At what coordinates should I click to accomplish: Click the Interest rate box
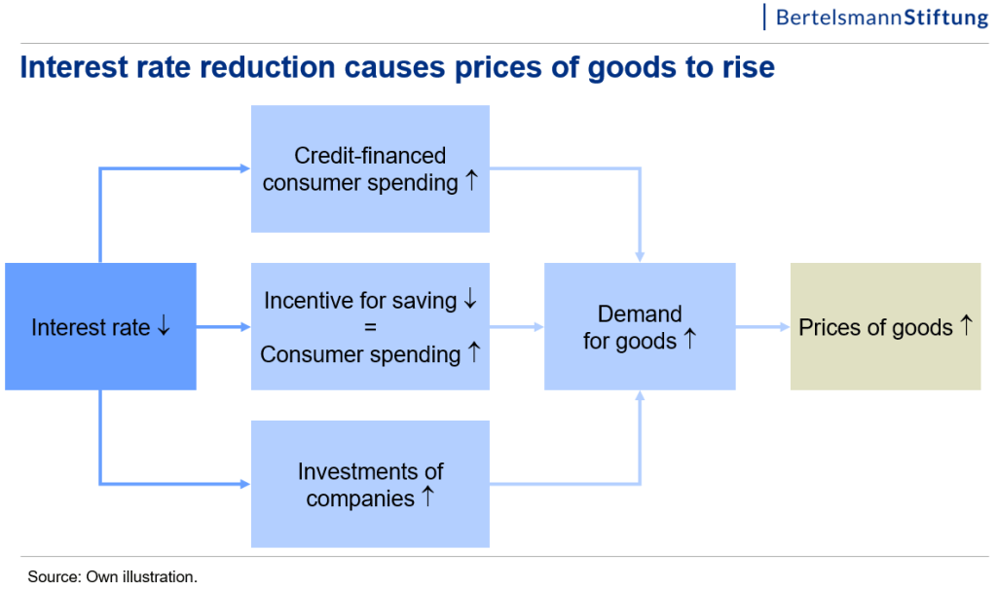(x=100, y=326)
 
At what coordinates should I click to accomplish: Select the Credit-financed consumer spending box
(x=370, y=168)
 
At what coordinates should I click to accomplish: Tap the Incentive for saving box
(x=370, y=326)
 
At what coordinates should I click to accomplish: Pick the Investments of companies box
(x=370, y=484)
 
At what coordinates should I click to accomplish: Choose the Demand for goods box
(x=640, y=326)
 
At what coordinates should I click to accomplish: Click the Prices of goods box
(x=886, y=326)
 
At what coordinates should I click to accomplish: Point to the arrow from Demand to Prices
(x=763, y=327)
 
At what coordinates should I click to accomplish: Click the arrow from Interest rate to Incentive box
(x=224, y=327)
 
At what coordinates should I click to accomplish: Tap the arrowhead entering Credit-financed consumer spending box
(x=245, y=168)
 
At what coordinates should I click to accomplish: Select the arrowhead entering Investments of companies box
(x=245, y=484)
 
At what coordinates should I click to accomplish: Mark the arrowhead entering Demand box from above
(x=640, y=257)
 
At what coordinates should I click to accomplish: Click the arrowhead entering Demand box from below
(x=640, y=395)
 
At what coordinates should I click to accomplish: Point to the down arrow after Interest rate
(x=164, y=325)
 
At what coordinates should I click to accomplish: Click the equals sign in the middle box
(x=370, y=327)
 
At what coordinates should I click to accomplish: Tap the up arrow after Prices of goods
(x=967, y=325)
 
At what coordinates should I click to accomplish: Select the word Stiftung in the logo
(x=946, y=18)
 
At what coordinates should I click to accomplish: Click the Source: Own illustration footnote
(x=113, y=577)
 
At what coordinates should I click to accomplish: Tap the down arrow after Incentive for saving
(x=470, y=298)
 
